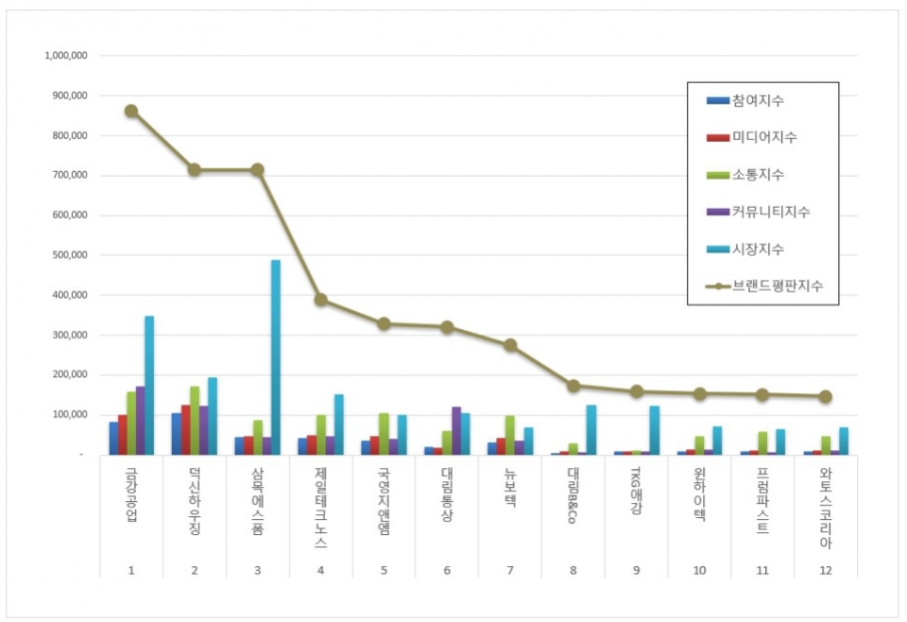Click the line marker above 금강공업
tap(131, 111)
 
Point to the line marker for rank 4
tap(321, 300)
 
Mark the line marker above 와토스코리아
tap(826, 397)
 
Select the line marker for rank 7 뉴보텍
tap(510, 346)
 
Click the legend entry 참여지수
tap(758, 100)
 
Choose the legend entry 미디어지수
tap(764, 137)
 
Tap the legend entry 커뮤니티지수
tap(770, 212)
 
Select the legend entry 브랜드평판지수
tap(770, 285)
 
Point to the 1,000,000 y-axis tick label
tap(66, 56)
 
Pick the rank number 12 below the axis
tap(826, 571)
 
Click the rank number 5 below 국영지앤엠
tap(384, 571)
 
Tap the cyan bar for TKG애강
tap(654, 431)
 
